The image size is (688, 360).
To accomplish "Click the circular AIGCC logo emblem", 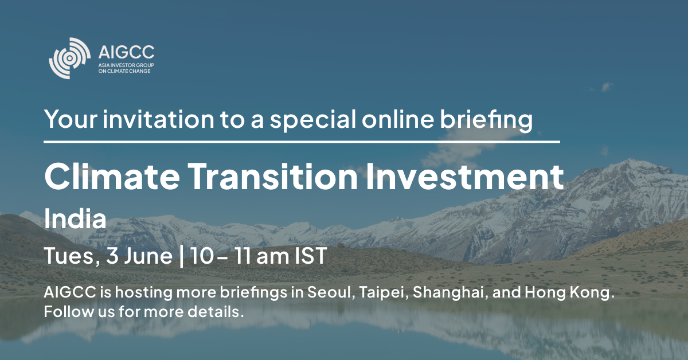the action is point(70,58).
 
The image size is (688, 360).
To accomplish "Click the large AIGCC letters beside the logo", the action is point(126,52).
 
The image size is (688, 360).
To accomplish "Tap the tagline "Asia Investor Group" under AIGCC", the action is point(126,65).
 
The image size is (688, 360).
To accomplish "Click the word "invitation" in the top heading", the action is point(158,119).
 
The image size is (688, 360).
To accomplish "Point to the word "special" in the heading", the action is point(313,120).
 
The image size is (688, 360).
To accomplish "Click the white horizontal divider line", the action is point(302,142).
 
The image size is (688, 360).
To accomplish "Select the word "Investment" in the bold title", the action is point(465,177).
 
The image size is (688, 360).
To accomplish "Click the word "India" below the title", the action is point(75,218).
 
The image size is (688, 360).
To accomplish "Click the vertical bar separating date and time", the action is point(181,256).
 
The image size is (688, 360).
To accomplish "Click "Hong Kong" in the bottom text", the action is point(569,293).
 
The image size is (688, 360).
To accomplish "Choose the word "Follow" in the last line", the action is point(68,311).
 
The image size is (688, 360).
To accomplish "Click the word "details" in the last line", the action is point(216,311).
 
